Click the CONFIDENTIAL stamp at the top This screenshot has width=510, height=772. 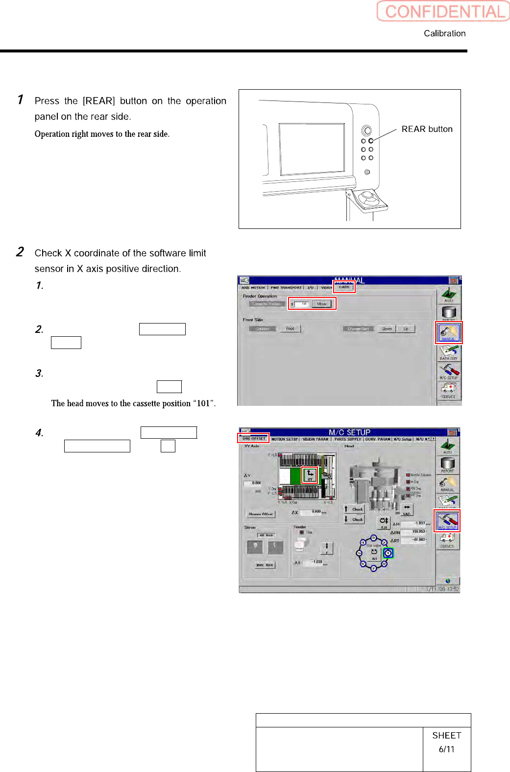(x=443, y=11)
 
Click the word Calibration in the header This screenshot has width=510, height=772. (x=444, y=33)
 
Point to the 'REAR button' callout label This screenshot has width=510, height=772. (x=427, y=129)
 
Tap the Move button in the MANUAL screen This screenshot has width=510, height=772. (x=322, y=304)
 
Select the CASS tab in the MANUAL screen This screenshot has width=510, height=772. (x=344, y=287)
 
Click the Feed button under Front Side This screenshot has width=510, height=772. (x=290, y=329)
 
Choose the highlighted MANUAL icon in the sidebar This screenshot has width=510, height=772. (x=448, y=332)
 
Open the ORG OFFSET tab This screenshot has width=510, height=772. (x=254, y=439)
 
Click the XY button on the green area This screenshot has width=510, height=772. (x=310, y=475)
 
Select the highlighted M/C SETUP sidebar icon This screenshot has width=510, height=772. (x=447, y=521)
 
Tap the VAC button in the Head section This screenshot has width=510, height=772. (x=407, y=510)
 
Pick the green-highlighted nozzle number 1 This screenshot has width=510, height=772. (x=388, y=553)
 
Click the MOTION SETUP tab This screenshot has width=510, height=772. (x=285, y=439)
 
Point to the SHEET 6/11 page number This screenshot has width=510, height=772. (x=446, y=742)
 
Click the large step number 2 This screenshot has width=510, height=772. (x=20, y=252)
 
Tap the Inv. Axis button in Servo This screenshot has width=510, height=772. (x=265, y=565)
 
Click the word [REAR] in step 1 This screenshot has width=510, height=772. (x=98, y=101)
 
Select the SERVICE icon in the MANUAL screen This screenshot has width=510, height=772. (x=448, y=390)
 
